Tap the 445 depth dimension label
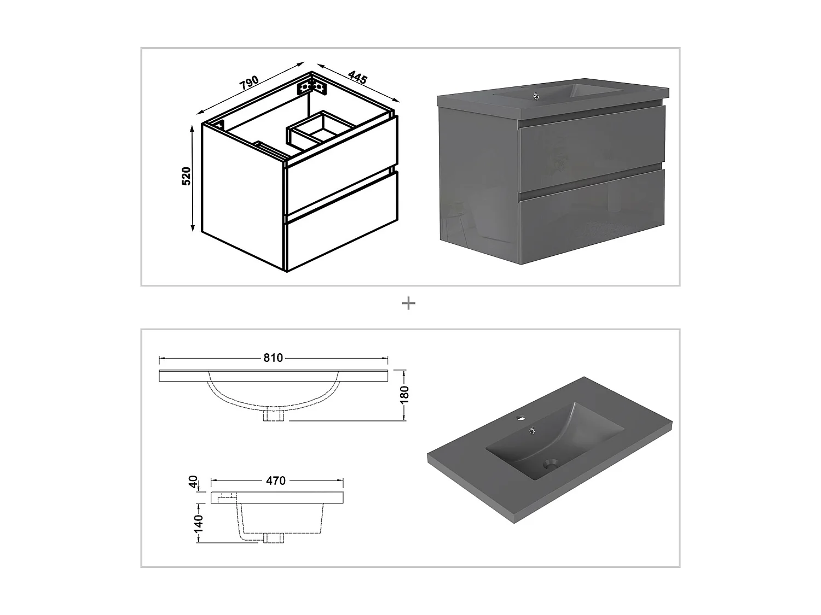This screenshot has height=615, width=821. click(x=357, y=77)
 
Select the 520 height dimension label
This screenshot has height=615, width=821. click(x=186, y=176)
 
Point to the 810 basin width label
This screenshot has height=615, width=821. click(x=273, y=358)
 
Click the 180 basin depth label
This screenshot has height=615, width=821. click(x=404, y=395)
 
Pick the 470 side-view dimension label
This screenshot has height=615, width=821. click(x=276, y=481)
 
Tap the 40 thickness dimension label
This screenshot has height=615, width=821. click(x=193, y=482)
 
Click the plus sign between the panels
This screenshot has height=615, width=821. click(x=408, y=303)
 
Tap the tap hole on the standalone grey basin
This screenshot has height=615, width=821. click(x=520, y=418)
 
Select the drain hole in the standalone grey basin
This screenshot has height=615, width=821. click(x=551, y=465)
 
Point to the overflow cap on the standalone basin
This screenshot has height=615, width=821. click(x=531, y=432)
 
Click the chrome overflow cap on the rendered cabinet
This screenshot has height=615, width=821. click(x=536, y=96)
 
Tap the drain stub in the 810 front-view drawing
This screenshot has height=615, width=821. click(x=274, y=415)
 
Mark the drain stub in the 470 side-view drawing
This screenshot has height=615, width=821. click(x=274, y=537)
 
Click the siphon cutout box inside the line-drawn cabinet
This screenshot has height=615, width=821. click(x=321, y=129)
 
